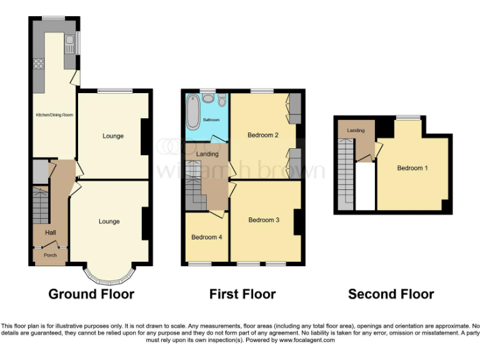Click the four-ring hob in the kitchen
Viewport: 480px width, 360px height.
38,62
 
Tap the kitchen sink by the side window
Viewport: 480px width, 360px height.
69,44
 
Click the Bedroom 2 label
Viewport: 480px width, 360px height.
262,135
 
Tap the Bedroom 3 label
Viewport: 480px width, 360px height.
263,220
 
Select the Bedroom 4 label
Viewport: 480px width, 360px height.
206,237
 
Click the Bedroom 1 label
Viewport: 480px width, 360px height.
412,168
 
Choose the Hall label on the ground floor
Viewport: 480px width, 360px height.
50,232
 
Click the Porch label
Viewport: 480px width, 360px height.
50,256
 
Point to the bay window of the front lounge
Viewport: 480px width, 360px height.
109,276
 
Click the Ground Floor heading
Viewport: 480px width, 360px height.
91,294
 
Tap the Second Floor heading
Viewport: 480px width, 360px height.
391,294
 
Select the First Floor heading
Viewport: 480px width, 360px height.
242,294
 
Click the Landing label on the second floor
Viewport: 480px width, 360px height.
356,130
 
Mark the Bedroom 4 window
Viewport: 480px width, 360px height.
200,264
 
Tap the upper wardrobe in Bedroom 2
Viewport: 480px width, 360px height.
294,107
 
